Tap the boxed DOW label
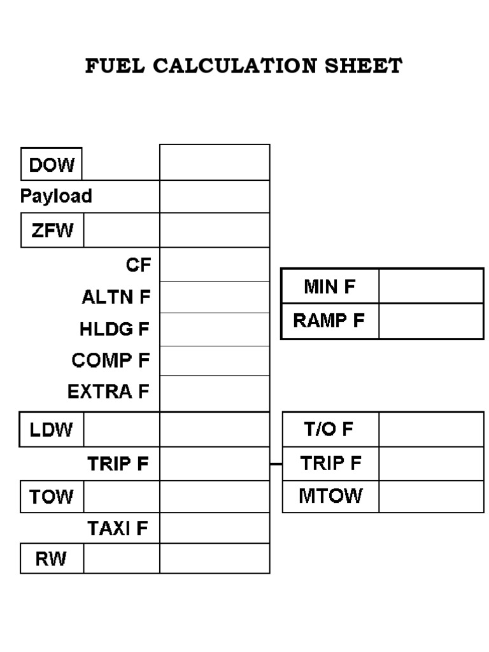pyautogui.click(x=52, y=165)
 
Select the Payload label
pyautogui.click(x=56, y=196)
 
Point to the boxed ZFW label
pyautogui.click(x=52, y=230)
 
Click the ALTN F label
pyautogui.click(x=116, y=297)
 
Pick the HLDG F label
pyautogui.click(x=115, y=329)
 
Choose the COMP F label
pyautogui.click(x=111, y=360)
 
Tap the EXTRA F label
pyautogui.click(x=108, y=392)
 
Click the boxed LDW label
pyautogui.click(x=52, y=430)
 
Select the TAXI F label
pyautogui.click(x=118, y=528)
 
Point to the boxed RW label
pyautogui.click(x=52, y=560)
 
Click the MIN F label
pyautogui.click(x=329, y=287)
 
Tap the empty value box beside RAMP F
pyautogui.click(x=431, y=321)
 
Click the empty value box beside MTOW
pyautogui.click(x=431, y=496)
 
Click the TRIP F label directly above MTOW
pyautogui.click(x=330, y=463)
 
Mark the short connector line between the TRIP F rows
pyautogui.click(x=276, y=464)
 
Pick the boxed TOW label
pyautogui.click(x=52, y=496)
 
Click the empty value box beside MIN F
pyautogui.click(x=431, y=286)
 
